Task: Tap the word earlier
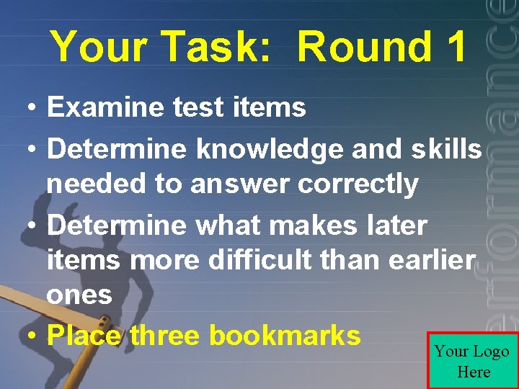432,260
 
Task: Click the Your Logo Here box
472,361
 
